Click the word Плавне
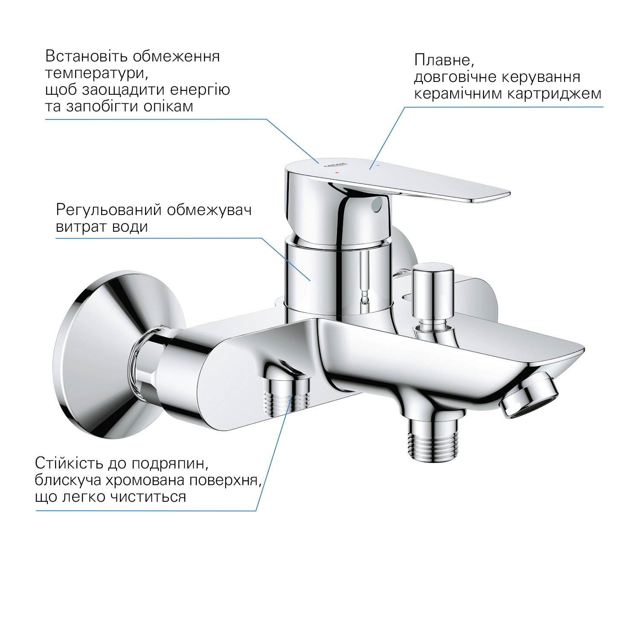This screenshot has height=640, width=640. click(444, 60)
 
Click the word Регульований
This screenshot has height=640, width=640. click(109, 210)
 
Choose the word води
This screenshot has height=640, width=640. click(130, 227)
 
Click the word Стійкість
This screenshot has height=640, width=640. click(69, 463)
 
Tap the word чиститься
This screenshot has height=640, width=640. click(148, 497)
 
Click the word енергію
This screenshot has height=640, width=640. click(200, 90)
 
